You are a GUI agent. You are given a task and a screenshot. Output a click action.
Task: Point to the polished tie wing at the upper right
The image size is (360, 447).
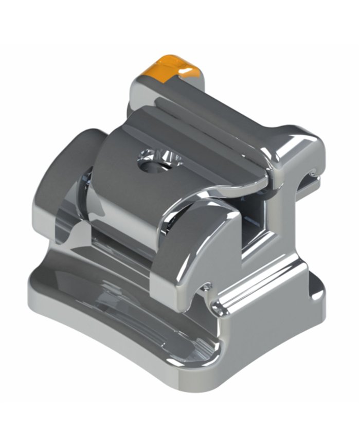(x=298, y=147)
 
